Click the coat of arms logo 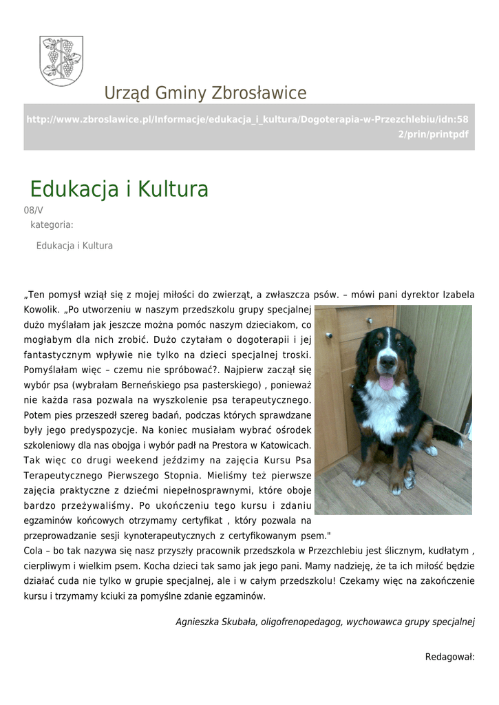click(61, 61)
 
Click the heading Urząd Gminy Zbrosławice click(205, 93)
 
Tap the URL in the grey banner click(248, 127)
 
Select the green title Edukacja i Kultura click(119, 189)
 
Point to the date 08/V click(33, 211)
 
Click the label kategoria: click(52, 224)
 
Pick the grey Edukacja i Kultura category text click(74, 246)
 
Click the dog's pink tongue click(387, 383)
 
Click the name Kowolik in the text click(42, 310)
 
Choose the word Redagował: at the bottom click(450, 657)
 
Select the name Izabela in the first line click(458, 295)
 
